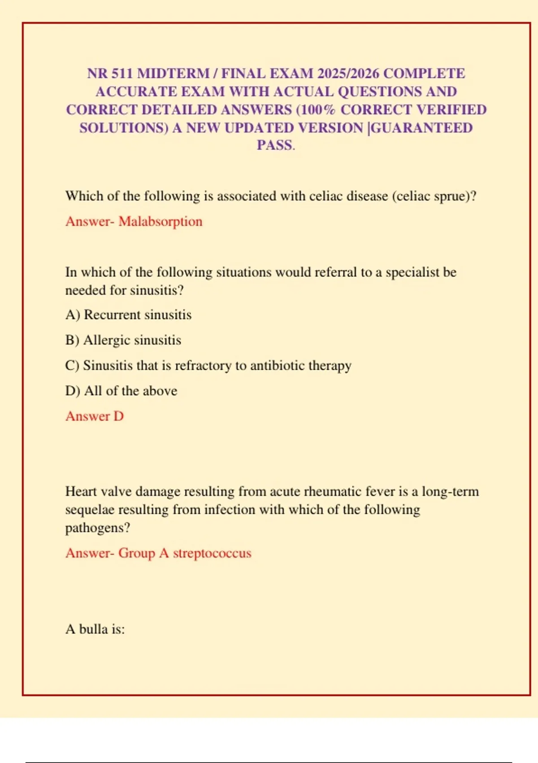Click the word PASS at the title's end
point(274,145)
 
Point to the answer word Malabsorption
point(161,221)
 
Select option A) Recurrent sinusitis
point(128,315)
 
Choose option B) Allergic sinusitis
point(123,340)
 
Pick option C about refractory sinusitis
point(208,366)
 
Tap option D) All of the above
point(121,391)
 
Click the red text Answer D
point(95,417)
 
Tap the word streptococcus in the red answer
point(212,553)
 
